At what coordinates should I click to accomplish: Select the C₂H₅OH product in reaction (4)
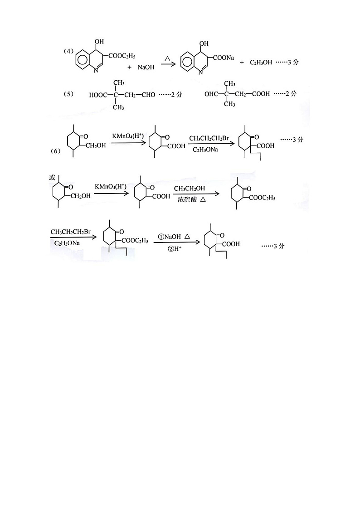coord(261,62)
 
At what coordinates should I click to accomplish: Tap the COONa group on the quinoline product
coord(224,57)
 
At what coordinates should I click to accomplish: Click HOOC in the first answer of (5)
coord(99,95)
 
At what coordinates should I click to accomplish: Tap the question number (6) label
coord(56,151)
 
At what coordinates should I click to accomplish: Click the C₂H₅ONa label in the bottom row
coord(68,243)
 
